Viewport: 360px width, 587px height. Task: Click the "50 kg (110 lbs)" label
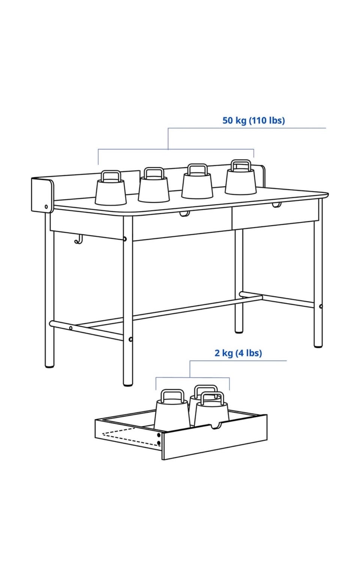[253, 120]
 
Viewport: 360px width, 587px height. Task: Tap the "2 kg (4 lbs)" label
[238, 353]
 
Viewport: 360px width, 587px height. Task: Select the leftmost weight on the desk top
[110, 188]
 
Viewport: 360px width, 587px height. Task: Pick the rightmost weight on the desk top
[240, 177]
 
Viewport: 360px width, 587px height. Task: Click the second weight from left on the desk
[154, 185]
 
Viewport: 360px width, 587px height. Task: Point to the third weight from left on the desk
[197, 181]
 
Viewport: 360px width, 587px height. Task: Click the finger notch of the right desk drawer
[277, 205]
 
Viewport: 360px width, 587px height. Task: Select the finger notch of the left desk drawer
[184, 214]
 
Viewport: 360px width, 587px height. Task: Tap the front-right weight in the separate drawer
[212, 409]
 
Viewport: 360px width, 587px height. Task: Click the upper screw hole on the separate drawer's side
[159, 435]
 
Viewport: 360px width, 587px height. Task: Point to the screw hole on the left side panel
[46, 207]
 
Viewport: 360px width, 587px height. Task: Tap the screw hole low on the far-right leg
[321, 306]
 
